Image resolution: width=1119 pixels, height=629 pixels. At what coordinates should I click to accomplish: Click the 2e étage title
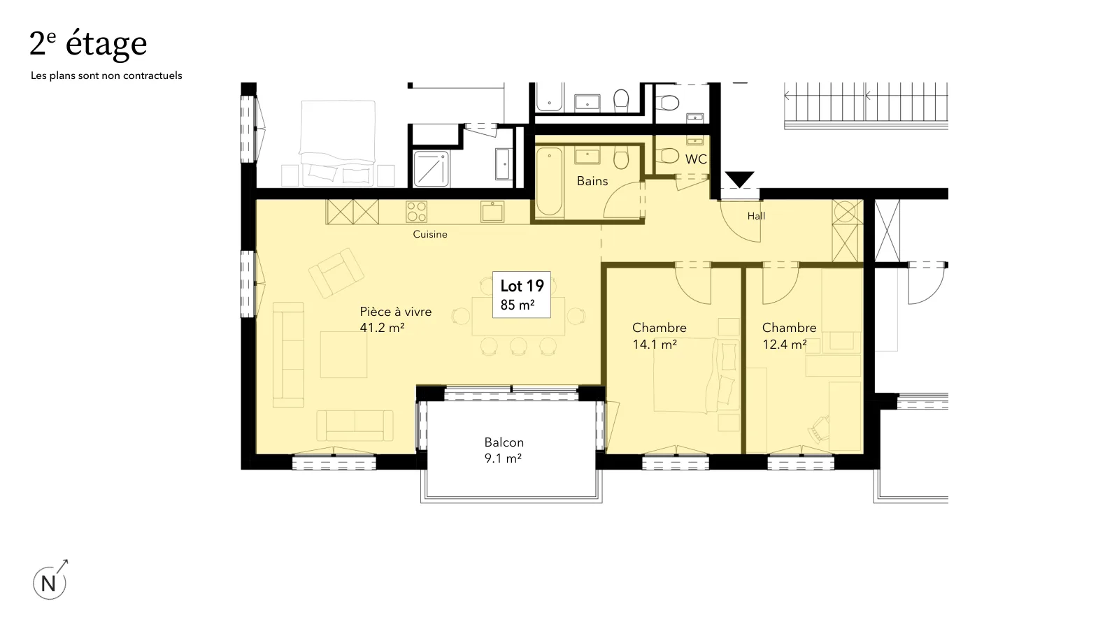88,44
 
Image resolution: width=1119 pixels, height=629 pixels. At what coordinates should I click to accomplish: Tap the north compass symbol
50,580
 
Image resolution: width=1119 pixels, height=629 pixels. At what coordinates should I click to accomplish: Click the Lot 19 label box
522,294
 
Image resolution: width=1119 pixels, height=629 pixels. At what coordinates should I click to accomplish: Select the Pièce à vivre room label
396,312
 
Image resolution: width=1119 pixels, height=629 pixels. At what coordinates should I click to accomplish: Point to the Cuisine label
430,234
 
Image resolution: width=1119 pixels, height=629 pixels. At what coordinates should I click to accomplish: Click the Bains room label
592,181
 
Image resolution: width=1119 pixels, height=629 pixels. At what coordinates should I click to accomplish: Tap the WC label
696,159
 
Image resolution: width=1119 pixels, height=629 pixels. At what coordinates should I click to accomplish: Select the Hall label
756,216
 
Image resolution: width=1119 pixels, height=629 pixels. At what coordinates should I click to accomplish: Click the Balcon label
504,442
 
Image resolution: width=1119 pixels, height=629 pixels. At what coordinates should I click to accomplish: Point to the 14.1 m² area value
655,345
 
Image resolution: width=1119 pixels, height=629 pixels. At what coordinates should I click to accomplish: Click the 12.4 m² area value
785,345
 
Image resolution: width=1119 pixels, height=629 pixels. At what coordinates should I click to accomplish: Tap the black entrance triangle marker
739,179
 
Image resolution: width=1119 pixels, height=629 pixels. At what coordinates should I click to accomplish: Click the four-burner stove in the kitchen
416,211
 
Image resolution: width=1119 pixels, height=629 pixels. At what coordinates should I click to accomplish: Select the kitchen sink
492,212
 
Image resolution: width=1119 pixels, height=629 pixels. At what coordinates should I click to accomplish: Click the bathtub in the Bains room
550,182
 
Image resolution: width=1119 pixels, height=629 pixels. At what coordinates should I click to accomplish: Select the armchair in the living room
336,273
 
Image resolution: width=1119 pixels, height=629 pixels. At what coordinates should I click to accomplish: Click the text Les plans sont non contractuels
106,76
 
